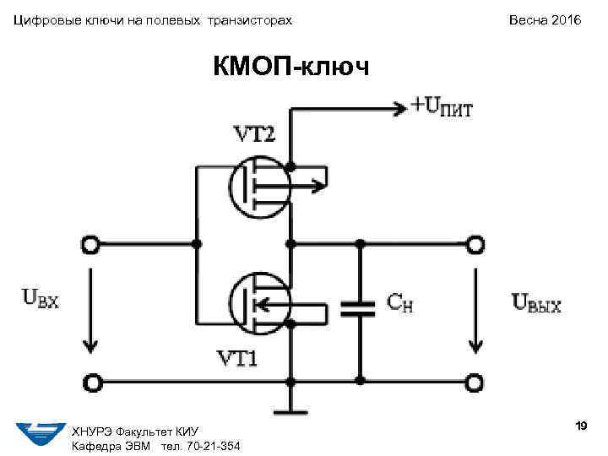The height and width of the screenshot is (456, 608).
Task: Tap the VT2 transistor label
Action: pos(253,134)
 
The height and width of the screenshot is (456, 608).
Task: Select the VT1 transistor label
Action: pos(238,359)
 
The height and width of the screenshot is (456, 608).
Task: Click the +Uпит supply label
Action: pos(442,106)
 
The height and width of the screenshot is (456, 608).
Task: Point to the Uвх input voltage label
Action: pos(41,299)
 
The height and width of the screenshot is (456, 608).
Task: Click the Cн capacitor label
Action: pos(400,302)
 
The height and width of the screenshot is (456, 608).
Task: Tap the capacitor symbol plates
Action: pos(358,307)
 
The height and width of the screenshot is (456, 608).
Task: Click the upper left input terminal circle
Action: pos(90,245)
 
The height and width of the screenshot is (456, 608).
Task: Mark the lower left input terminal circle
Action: pos(90,382)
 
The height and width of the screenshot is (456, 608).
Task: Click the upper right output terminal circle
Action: pos(476,245)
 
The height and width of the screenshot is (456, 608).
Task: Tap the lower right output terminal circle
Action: pos(476,382)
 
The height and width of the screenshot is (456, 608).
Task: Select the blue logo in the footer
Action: pos(41,433)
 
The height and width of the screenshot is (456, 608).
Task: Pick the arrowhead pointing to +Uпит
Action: pos(399,106)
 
